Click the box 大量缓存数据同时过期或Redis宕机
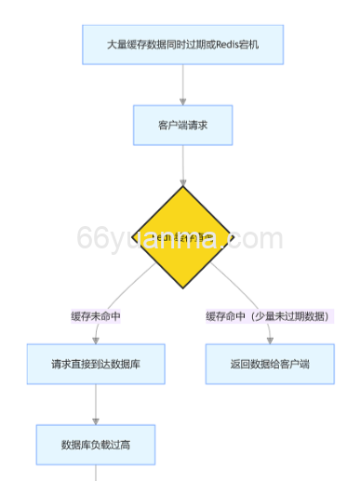pyautogui.click(x=182, y=46)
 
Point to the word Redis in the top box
pyautogui.click(x=228, y=46)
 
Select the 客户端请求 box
pyautogui.click(x=182, y=125)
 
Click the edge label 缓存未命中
pyautogui.click(x=96, y=316)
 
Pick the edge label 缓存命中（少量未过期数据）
pyautogui.click(x=269, y=316)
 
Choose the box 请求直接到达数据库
pyautogui.click(x=96, y=364)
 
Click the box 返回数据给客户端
pyautogui.click(x=269, y=364)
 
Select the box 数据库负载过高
pyautogui.click(x=96, y=445)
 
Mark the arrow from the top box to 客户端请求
pyautogui.click(x=182, y=85)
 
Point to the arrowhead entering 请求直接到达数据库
pyautogui.click(x=97, y=340)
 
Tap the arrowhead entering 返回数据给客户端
pyautogui.click(x=268, y=340)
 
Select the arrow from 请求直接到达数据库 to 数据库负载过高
pyautogui.click(x=96, y=404)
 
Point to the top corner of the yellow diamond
pyautogui.click(x=182, y=187)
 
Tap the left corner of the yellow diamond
pyautogui.click(x=131, y=238)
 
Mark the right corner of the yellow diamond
pyautogui.click(x=233, y=238)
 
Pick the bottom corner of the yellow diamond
pyautogui.click(x=182, y=288)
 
